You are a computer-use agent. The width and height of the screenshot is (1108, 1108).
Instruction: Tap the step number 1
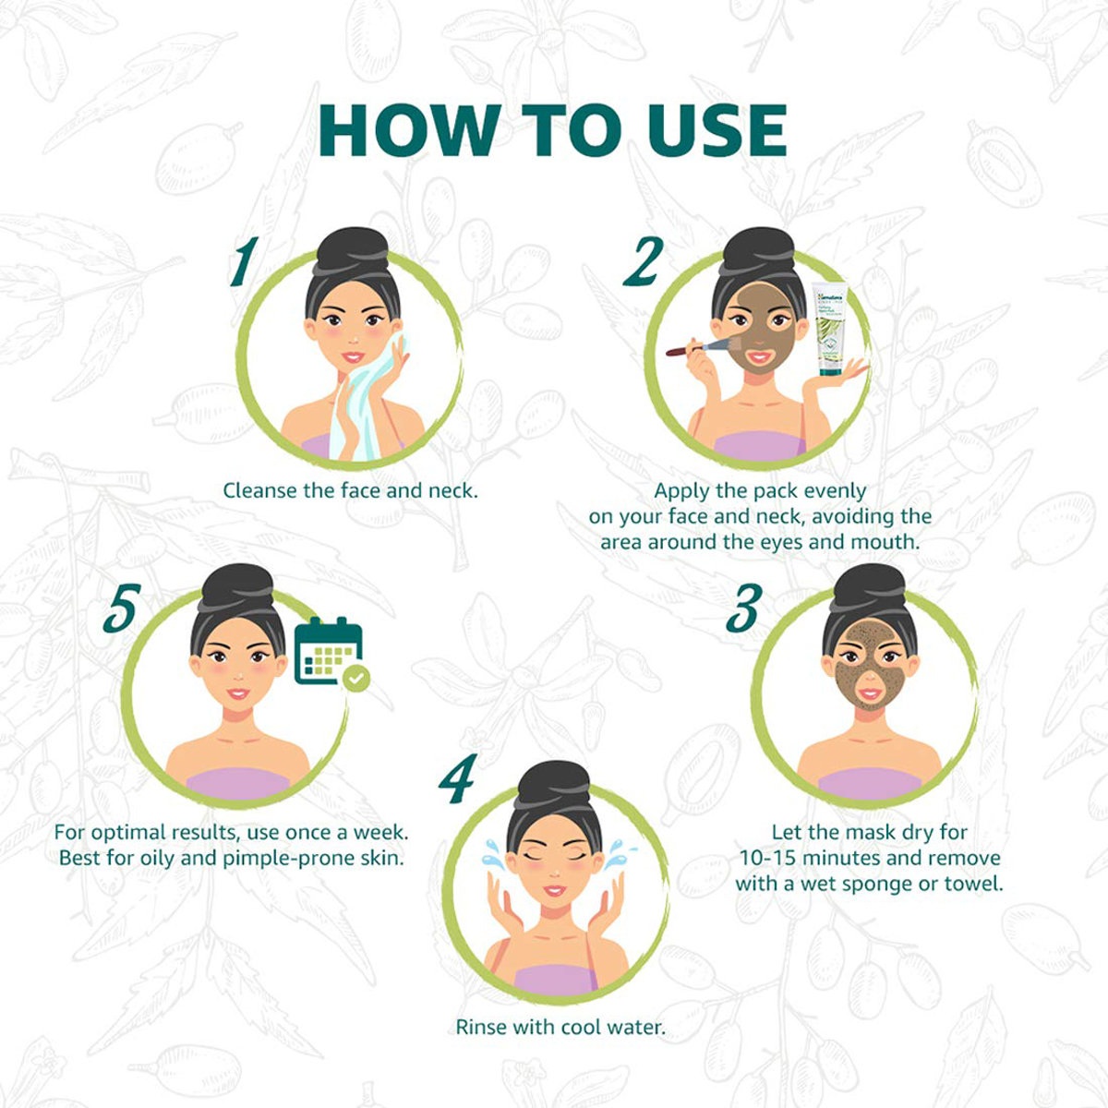(x=243, y=261)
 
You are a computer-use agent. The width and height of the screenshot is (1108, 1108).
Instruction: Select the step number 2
(x=642, y=261)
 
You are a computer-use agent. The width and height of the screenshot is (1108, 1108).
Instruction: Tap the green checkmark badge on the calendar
(x=355, y=680)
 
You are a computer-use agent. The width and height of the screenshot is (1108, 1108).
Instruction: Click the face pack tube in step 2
(x=828, y=329)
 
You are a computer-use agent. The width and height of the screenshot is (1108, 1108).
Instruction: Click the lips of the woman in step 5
(x=238, y=693)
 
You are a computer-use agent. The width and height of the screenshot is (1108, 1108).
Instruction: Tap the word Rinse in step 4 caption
(x=482, y=1027)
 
